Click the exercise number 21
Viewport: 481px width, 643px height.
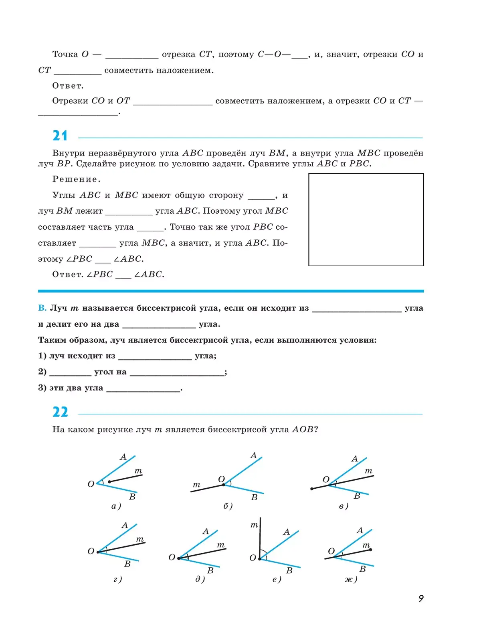click(x=60, y=136)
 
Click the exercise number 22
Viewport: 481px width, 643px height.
click(x=60, y=412)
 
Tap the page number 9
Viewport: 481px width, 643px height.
click(x=421, y=599)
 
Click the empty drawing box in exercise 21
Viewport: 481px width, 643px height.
click(x=366, y=219)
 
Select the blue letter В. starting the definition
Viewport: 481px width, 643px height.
click(x=42, y=308)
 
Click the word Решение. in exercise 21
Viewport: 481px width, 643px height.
click(x=77, y=179)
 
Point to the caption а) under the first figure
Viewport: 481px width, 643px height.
click(x=116, y=506)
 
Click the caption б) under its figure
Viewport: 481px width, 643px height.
click(x=228, y=506)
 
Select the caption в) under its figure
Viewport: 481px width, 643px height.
click(x=344, y=506)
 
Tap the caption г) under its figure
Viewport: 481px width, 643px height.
click(x=117, y=579)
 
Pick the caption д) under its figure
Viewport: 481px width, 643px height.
click(x=200, y=579)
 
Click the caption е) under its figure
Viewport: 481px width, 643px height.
click(x=277, y=579)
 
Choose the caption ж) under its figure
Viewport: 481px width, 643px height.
click(x=351, y=579)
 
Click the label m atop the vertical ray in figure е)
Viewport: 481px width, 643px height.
click(x=254, y=525)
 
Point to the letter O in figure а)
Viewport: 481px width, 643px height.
click(x=91, y=484)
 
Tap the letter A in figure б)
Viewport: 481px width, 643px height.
click(x=253, y=455)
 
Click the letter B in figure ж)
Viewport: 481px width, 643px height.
click(x=362, y=569)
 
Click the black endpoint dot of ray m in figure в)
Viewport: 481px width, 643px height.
click(x=312, y=489)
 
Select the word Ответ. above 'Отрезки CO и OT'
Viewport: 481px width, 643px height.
click(x=68, y=86)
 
